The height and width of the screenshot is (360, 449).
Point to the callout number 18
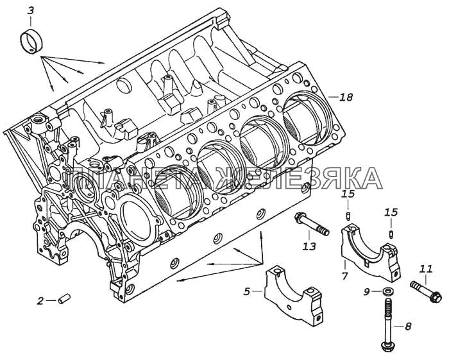346,98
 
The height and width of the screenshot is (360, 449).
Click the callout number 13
310,245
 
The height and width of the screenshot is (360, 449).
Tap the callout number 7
344,277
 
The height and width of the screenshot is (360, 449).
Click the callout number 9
367,293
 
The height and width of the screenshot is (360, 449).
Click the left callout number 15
347,194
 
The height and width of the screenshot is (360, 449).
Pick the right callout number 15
391,212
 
